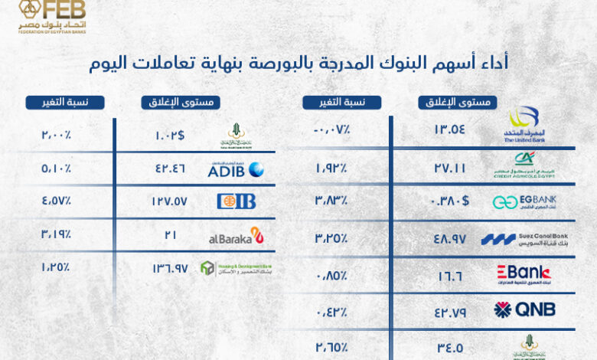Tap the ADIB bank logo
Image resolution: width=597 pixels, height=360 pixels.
(236, 169)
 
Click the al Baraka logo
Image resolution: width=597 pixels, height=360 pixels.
(236, 236)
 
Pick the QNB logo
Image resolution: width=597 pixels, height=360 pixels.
(524, 309)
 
